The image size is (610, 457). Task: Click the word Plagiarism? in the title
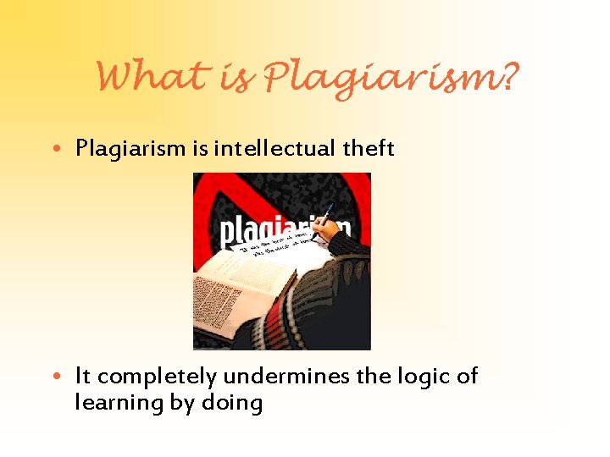coord(390,80)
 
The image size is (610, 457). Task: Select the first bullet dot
coord(64,150)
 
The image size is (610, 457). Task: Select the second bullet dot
coord(64,376)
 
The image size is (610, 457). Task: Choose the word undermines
coord(286,375)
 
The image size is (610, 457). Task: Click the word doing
coord(231,403)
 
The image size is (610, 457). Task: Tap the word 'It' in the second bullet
coord(83,375)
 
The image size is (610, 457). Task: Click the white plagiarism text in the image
coord(263,232)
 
